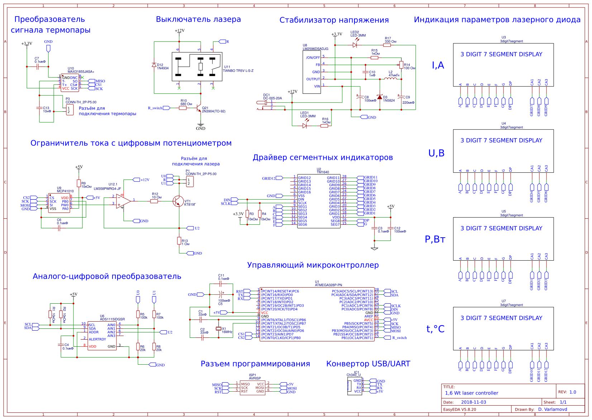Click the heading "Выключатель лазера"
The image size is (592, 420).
(x=198, y=19)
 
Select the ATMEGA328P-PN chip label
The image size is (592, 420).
(x=328, y=285)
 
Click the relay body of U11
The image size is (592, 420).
(x=197, y=67)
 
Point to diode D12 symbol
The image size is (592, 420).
(x=154, y=65)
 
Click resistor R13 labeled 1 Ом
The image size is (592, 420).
(x=179, y=241)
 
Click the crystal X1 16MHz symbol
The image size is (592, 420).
(x=219, y=329)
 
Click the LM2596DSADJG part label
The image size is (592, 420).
(x=315, y=49)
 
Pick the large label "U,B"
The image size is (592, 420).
(x=436, y=153)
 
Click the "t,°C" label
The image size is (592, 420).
(x=435, y=329)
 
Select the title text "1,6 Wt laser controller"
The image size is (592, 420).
(x=471, y=393)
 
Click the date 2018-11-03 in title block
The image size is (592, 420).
(x=473, y=402)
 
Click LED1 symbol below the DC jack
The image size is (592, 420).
(x=305, y=126)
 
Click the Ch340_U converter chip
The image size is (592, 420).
(x=354, y=386)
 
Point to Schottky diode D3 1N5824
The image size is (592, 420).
(x=379, y=97)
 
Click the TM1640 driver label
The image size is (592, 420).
(x=323, y=172)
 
